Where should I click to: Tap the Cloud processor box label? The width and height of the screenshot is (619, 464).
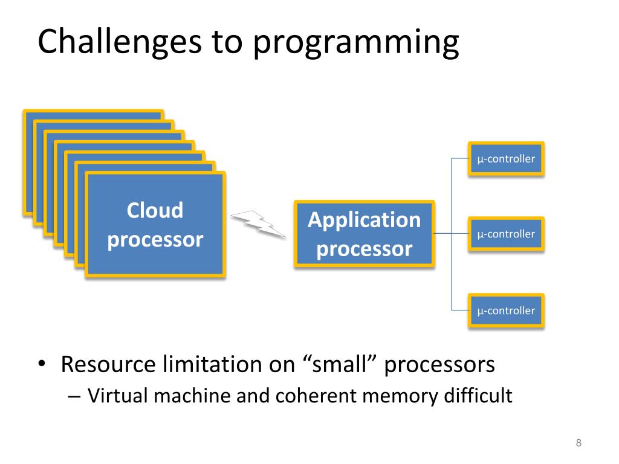(155, 225)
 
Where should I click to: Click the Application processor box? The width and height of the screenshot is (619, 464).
(365, 234)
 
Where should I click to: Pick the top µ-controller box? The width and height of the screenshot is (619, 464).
(506, 159)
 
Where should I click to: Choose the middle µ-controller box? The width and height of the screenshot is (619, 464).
(506, 234)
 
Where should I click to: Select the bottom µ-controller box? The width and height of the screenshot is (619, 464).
(506, 311)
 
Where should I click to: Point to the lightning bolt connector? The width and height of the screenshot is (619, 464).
(258, 224)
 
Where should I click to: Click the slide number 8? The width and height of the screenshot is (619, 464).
(578, 443)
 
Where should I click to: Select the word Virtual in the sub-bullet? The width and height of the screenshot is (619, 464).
(116, 396)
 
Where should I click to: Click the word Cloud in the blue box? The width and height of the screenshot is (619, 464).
(155, 210)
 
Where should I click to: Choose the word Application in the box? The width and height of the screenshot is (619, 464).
(365, 219)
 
